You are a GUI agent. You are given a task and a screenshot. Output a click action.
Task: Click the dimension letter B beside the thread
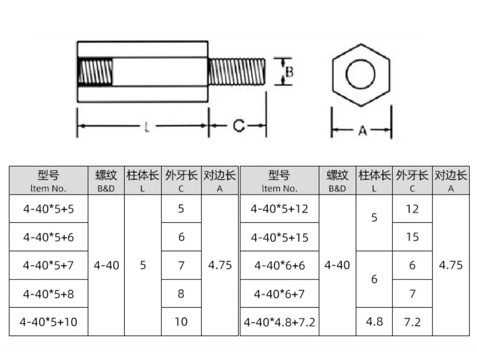click(290, 72)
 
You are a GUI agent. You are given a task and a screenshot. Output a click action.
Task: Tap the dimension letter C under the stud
click(239, 125)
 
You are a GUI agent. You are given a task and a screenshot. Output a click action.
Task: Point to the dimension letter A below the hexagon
click(363, 131)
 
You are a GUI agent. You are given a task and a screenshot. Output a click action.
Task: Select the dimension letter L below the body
click(147, 127)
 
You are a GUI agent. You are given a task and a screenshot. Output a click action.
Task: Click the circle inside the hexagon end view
click(361, 74)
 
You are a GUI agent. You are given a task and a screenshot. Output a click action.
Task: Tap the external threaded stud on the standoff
click(237, 72)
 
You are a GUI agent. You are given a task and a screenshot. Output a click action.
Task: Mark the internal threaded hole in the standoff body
click(95, 72)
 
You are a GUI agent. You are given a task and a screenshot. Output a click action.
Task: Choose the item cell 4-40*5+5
click(49, 209)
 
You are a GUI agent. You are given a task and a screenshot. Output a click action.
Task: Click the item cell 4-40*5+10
click(49, 322)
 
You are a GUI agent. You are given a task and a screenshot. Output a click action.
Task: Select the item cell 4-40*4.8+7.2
click(279, 322)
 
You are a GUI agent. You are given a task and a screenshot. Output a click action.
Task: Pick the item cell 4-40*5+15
click(280, 237)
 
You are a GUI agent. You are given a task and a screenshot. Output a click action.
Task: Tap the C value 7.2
click(412, 322)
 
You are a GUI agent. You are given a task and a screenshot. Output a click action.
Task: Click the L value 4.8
click(374, 322)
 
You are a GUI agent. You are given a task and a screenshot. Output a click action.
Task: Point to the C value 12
click(412, 209)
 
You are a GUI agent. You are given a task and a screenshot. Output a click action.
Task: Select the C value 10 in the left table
click(181, 322)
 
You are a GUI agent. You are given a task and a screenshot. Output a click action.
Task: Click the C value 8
click(181, 293)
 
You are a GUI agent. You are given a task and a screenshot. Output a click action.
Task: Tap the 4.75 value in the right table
click(451, 265)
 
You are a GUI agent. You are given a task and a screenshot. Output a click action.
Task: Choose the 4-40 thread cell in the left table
click(106, 265)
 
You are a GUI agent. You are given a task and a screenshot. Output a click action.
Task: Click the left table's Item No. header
click(48, 180)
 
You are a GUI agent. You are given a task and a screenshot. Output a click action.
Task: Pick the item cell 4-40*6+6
click(280, 266)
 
